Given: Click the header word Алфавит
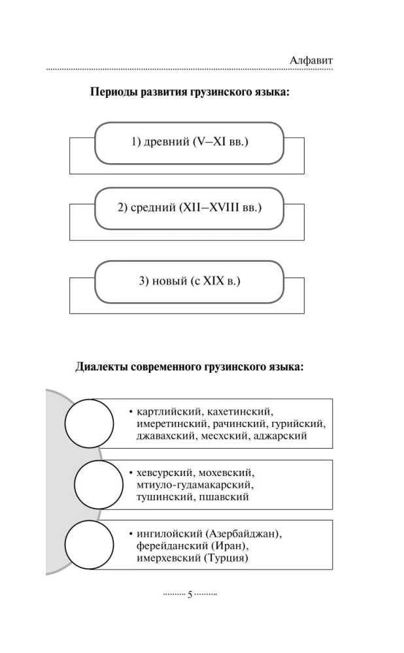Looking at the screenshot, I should [311, 60].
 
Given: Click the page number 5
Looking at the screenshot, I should [190, 595].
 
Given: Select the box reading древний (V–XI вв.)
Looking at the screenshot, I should [190, 143].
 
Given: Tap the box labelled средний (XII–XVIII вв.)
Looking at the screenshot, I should [190, 208].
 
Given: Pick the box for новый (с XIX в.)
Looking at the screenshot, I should [190, 281].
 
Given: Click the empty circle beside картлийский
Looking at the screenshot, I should [90, 422].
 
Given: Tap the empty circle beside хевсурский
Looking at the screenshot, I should [99, 485].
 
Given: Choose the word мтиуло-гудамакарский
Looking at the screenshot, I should [195, 485].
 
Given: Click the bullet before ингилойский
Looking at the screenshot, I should [131, 534].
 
